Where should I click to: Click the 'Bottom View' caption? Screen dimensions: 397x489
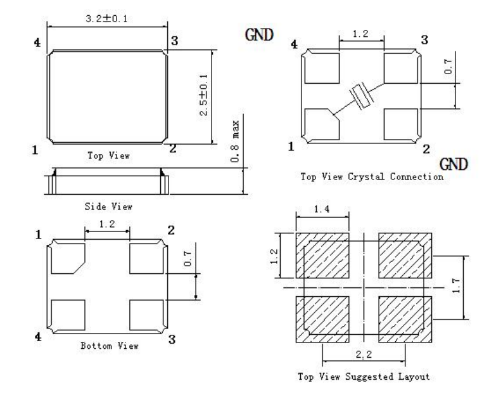coord(110,346)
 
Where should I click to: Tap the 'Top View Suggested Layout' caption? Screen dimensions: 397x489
coord(364,376)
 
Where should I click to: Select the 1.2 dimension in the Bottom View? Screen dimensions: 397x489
coord(106,224)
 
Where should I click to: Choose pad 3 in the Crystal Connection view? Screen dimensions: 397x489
coord(400,67)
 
